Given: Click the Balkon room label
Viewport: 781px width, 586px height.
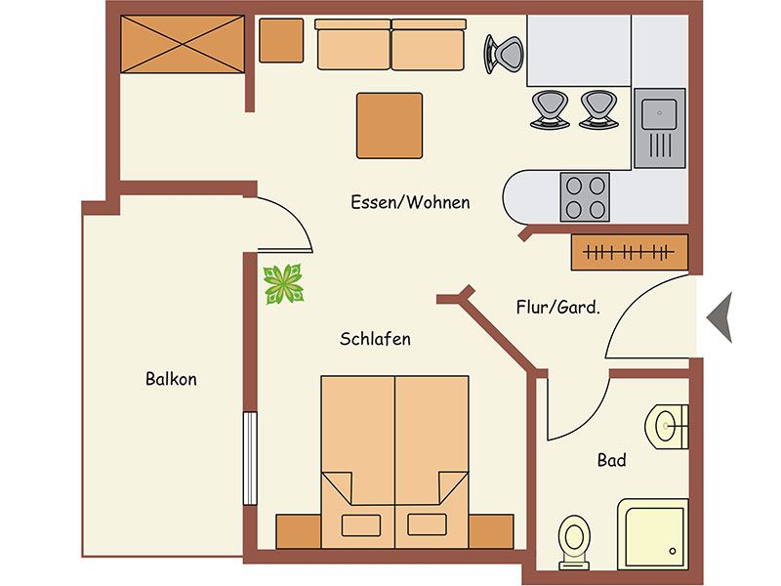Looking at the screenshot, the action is pyautogui.click(x=171, y=379).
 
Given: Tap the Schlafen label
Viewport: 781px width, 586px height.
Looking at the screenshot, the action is pyautogui.click(x=375, y=339).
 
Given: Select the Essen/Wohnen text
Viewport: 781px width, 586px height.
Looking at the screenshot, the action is pyautogui.click(x=410, y=202).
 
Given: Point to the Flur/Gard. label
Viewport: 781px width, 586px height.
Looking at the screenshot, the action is pyautogui.click(x=557, y=307).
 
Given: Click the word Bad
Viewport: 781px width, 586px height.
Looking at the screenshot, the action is pyautogui.click(x=611, y=460).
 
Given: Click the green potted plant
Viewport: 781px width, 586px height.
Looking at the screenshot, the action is pyautogui.click(x=283, y=284).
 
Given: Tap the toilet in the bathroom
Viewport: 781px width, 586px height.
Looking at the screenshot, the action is pyautogui.click(x=574, y=542).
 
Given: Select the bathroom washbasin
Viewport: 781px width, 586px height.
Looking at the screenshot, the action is pyautogui.click(x=667, y=427).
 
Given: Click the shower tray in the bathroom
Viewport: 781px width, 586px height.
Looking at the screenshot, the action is pyautogui.click(x=653, y=534).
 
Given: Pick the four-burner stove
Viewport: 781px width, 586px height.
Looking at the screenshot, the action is pyautogui.click(x=585, y=197).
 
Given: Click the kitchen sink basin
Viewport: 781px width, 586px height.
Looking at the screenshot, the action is pyautogui.click(x=659, y=114).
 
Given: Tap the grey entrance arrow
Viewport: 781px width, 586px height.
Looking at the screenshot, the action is pyautogui.click(x=720, y=316).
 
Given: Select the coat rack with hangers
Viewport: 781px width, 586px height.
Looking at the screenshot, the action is pyautogui.click(x=630, y=252).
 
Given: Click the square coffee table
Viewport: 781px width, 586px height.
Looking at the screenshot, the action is pyautogui.click(x=390, y=126).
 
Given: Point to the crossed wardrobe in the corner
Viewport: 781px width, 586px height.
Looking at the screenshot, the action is pyautogui.click(x=183, y=44).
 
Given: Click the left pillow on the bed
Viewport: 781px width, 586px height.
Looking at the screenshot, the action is pyautogui.click(x=361, y=525).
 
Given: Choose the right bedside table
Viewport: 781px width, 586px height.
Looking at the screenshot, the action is pyautogui.click(x=491, y=531).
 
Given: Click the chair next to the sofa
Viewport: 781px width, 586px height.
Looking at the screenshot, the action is pyautogui.click(x=504, y=54).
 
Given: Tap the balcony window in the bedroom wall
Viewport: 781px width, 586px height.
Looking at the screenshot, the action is pyautogui.click(x=250, y=458).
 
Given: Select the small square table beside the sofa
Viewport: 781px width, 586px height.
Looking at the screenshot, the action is pyautogui.click(x=281, y=40).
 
